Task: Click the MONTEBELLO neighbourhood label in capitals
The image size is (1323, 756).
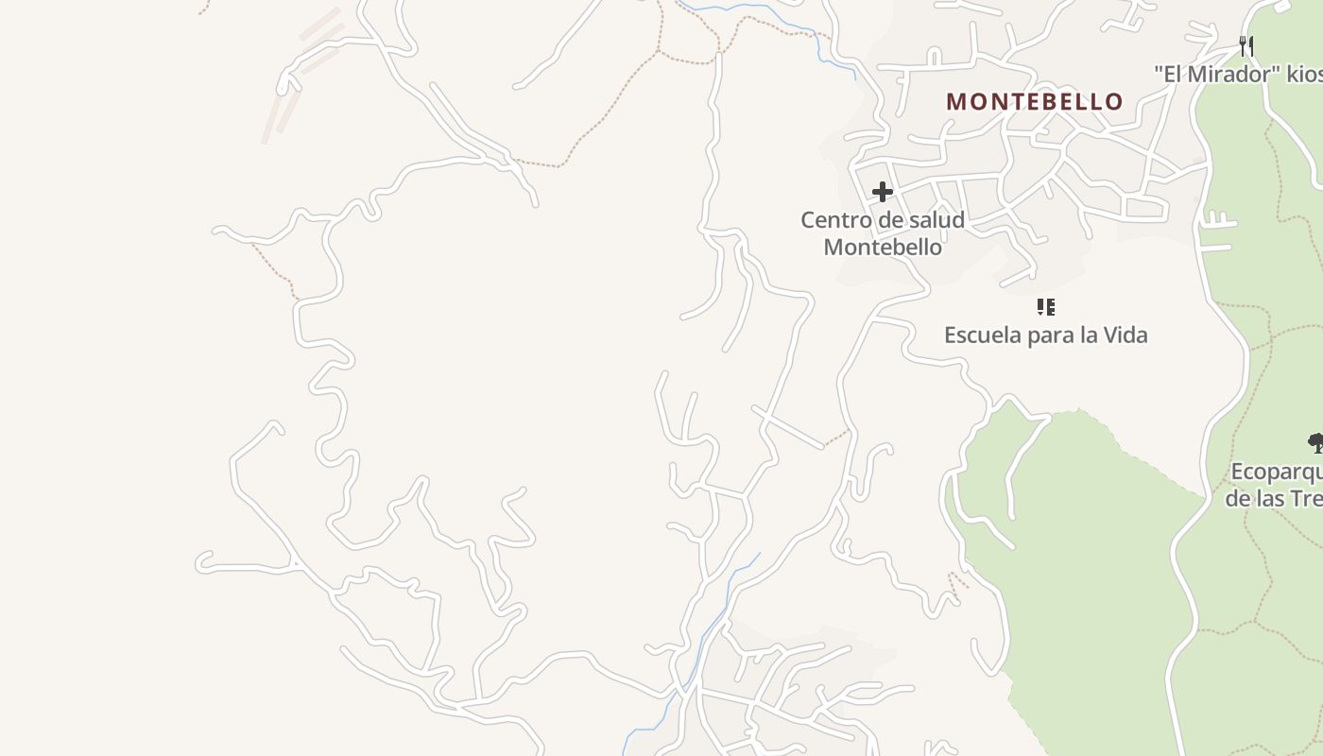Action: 1035,101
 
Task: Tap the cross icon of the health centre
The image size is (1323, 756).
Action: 883,192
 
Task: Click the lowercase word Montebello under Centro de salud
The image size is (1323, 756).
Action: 883,247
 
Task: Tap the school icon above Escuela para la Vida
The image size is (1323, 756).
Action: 1045,307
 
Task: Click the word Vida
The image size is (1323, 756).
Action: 1125,335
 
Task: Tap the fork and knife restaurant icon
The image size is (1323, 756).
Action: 1246,45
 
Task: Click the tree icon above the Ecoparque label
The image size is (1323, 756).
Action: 1314,441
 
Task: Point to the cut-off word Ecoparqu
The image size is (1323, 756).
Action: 1276,472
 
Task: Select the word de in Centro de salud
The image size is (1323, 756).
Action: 888,220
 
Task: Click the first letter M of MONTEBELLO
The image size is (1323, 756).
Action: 956,101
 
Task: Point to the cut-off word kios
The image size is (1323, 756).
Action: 1304,74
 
